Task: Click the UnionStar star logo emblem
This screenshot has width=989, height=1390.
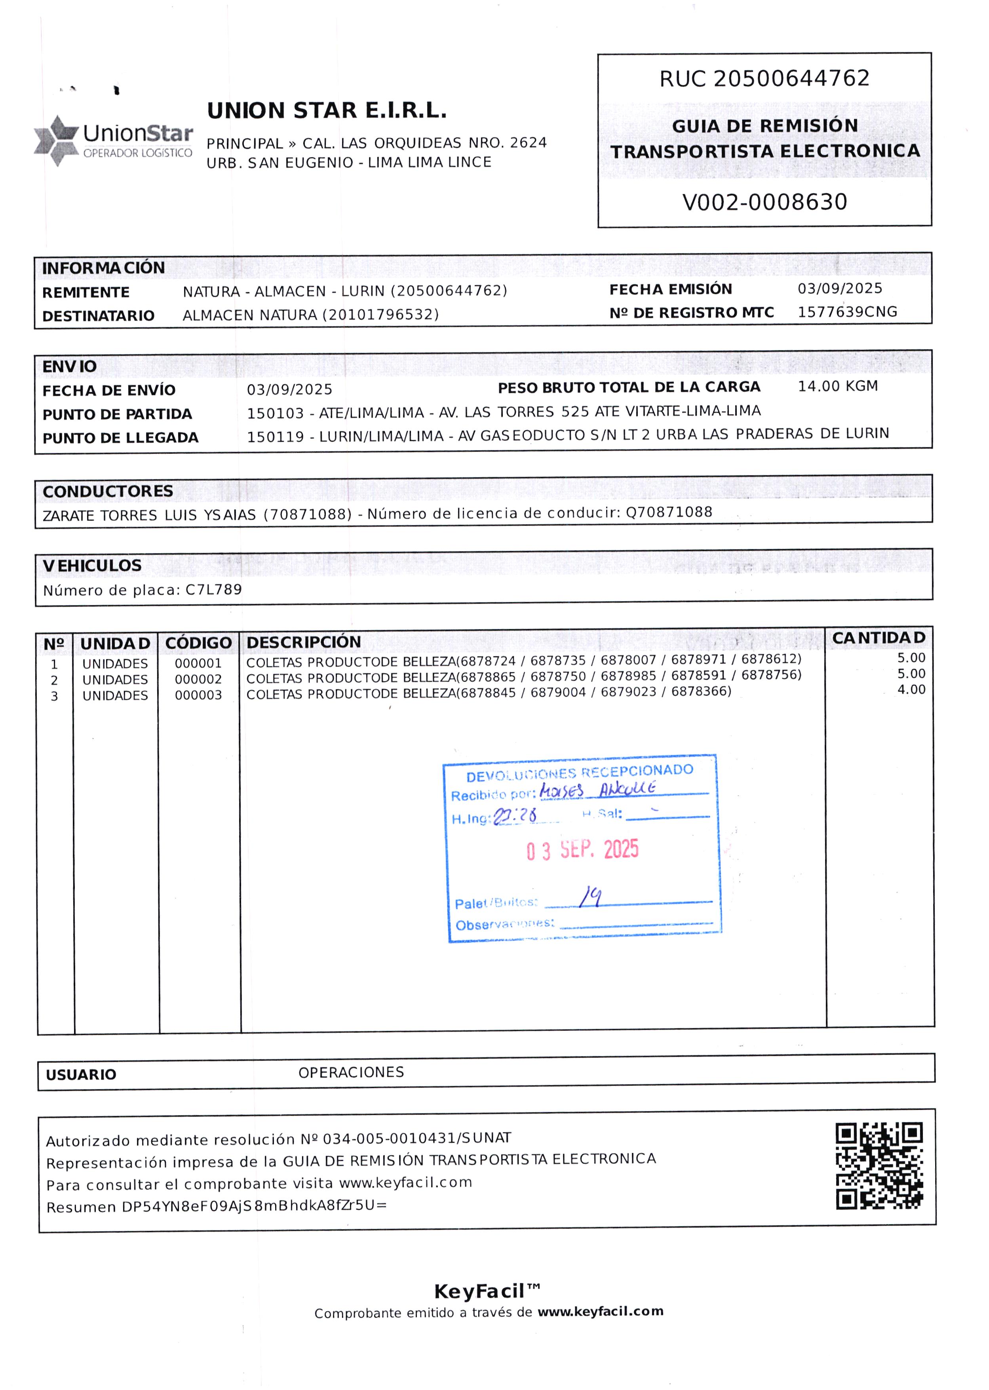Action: (x=56, y=140)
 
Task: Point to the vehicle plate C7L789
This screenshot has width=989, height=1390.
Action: (x=214, y=590)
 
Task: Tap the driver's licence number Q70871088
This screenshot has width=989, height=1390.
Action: (x=669, y=512)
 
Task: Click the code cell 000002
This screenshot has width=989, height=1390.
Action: (x=198, y=679)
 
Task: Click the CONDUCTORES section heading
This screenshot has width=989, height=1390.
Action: (x=108, y=491)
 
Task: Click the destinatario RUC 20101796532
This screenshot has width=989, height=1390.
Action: (x=380, y=315)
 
